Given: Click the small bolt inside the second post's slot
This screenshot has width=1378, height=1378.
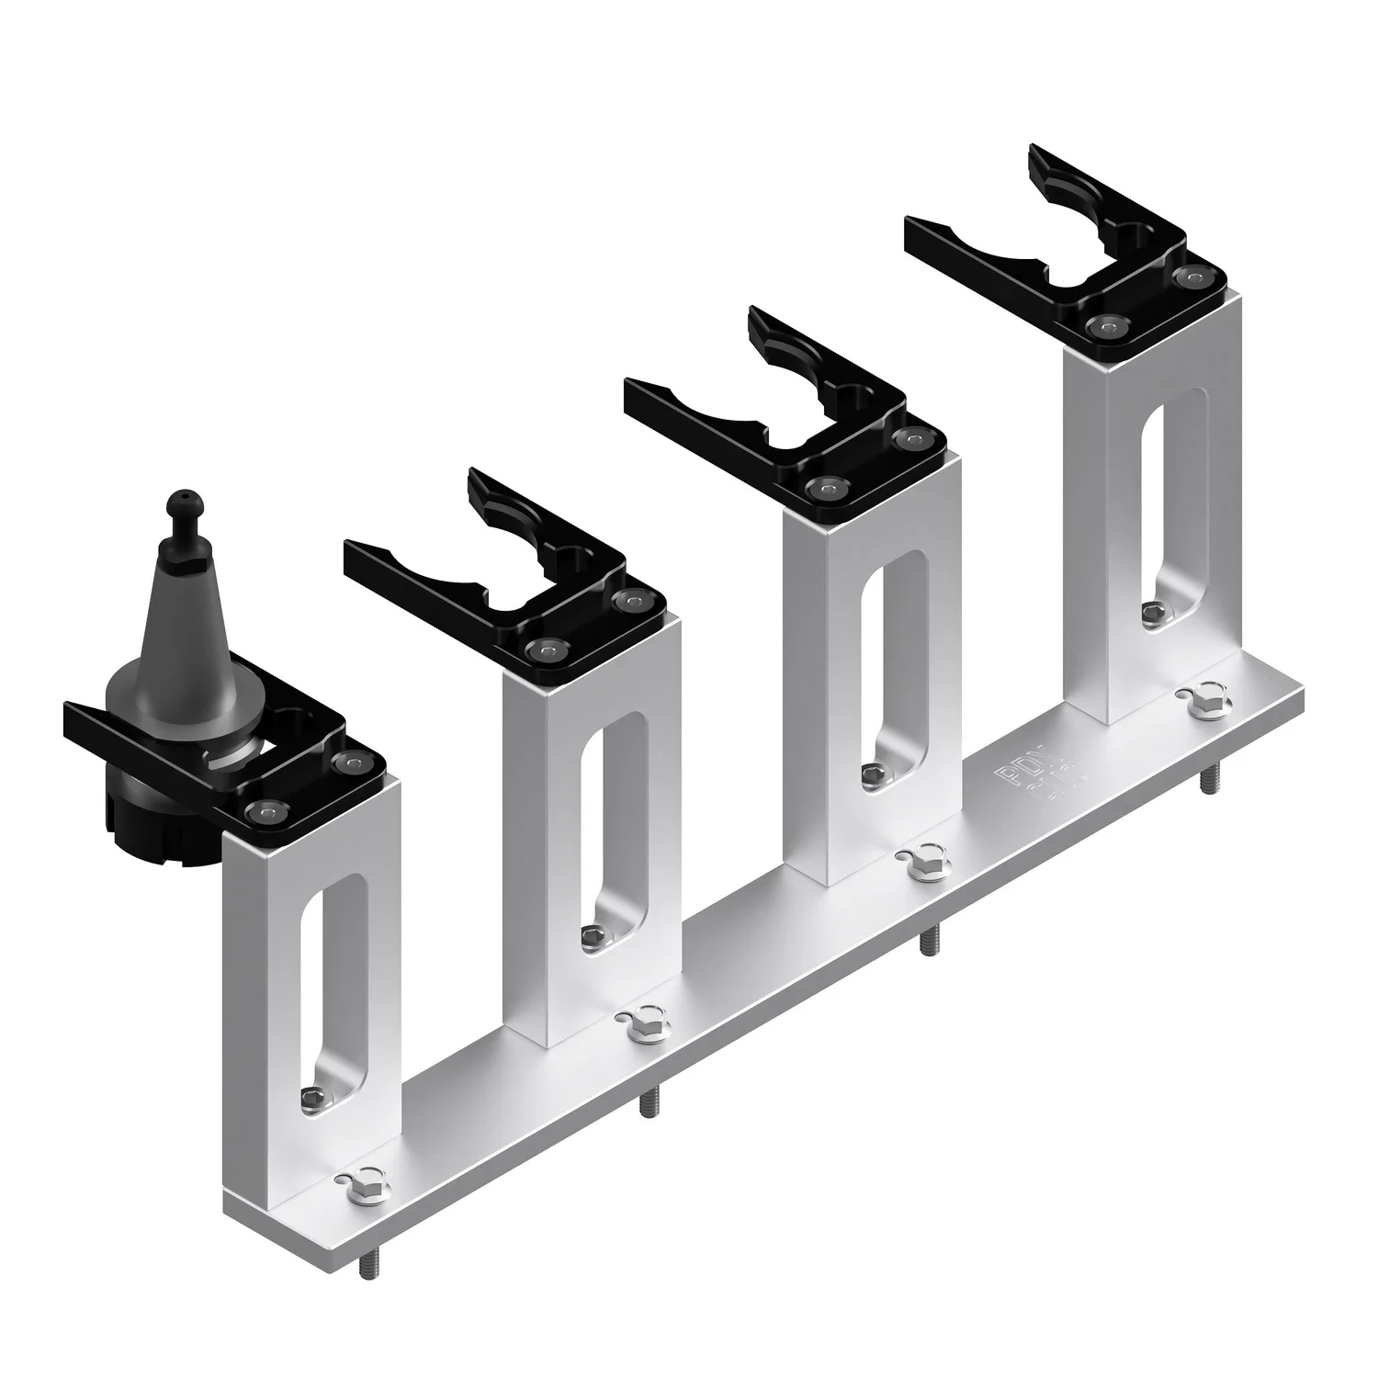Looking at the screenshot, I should pos(593,935).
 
